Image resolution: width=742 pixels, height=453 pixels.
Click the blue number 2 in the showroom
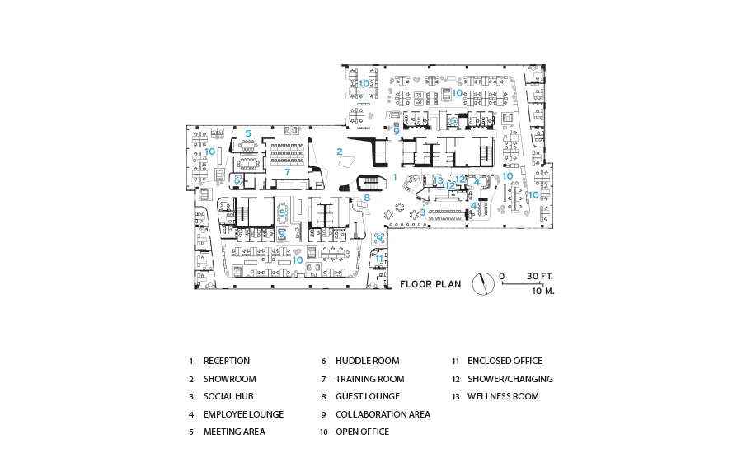[x=340, y=152]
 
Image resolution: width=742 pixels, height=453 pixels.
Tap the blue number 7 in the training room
[x=287, y=172]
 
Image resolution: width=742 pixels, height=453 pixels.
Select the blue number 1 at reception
[x=395, y=177]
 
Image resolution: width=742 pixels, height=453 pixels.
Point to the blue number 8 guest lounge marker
[x=367, y=198]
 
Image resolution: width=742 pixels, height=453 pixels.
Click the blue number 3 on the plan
[x=423, y=212]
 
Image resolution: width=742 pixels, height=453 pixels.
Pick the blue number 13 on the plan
[x=438, y=180]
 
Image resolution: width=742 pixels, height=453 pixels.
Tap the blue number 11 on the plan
[x=379, y=259]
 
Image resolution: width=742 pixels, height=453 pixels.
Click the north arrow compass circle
[x=483, y=284]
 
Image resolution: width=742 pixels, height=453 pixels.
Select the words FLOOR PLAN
[x=430, y=284]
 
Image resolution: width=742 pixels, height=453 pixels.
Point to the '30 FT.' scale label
[x=540, y=276]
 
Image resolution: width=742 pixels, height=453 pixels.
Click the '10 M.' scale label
[x=543, y=291]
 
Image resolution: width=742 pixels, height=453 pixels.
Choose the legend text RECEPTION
[x=226, y=361]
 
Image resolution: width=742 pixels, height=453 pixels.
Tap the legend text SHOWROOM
[x=229, y=379]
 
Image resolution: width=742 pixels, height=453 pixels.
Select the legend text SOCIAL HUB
[x=228, y=396]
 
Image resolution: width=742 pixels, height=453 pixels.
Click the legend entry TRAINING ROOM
[x=369, y=379]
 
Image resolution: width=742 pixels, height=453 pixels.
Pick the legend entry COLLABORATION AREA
[x=383, y=414]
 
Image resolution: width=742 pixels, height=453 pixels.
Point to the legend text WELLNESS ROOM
[x=503, y=396]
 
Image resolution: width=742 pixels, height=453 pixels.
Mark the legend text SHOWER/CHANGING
[x=510, y=379]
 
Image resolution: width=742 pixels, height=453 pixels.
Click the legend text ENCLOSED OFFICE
[x=505, y=361]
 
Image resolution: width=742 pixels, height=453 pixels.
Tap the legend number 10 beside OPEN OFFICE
[x=324, y=432]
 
